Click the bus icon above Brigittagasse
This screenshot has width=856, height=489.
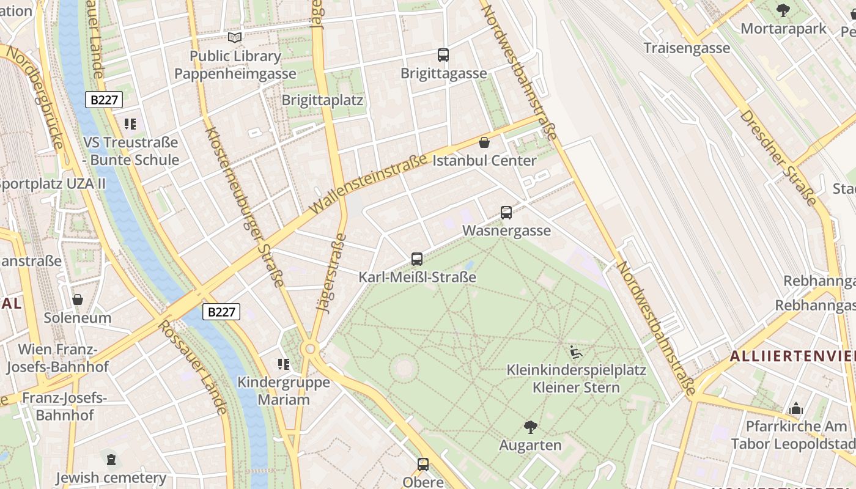443,55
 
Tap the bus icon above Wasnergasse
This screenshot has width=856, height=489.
506,213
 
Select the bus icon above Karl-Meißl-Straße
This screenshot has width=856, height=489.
417,259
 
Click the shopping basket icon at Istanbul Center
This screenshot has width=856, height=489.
484,143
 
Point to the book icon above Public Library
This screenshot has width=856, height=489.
235,38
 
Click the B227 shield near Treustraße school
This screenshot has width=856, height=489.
103,100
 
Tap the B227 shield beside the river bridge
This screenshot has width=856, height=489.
221,312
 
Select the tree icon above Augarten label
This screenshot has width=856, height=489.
530,427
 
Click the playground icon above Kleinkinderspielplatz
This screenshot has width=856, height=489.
576,352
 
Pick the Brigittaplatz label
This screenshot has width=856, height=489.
322,100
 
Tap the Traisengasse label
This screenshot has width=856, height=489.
687,48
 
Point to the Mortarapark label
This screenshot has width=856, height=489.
783,29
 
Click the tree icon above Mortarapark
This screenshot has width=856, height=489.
783,10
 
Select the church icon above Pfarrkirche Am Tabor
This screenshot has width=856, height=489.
796,408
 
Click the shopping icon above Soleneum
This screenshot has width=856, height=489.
78,300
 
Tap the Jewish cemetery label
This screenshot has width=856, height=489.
111,477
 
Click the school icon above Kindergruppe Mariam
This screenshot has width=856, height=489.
284,364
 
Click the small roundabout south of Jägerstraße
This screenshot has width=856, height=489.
310,348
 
